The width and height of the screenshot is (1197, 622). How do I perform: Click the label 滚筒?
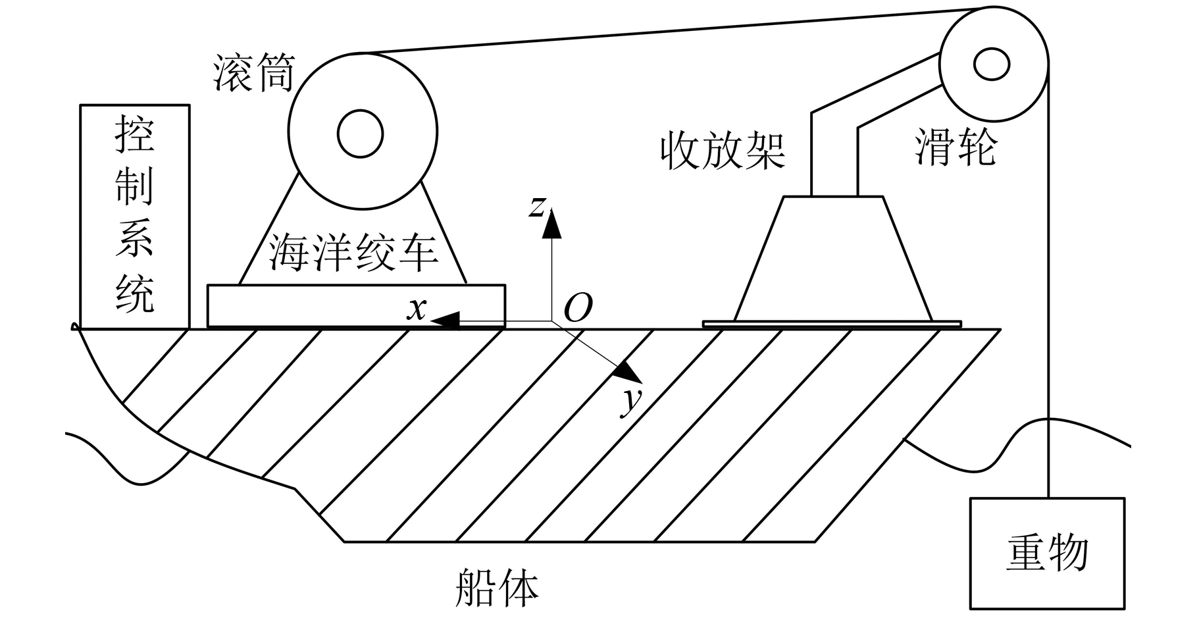click(x=254, y=72)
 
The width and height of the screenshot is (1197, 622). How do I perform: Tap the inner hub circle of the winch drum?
click(x=360, y=134)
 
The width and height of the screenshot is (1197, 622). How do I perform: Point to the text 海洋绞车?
click(x=353, y=253)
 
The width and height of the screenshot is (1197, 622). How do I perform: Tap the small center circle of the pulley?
click(x=991, y=65)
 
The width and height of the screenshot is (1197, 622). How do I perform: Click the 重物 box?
click(x=1046, y=553)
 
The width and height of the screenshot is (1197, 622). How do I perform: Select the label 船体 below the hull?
click(x=497, y=587)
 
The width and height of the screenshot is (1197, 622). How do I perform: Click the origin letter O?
click(x=578, y=307)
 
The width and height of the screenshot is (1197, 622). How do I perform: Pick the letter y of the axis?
click(x=631, y=402)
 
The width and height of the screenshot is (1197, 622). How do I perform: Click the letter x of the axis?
click(x=416, y=307)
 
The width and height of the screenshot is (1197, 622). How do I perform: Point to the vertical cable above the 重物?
click(x=1048, y=296)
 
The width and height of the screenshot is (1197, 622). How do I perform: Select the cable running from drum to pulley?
click(x=658, y=32)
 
